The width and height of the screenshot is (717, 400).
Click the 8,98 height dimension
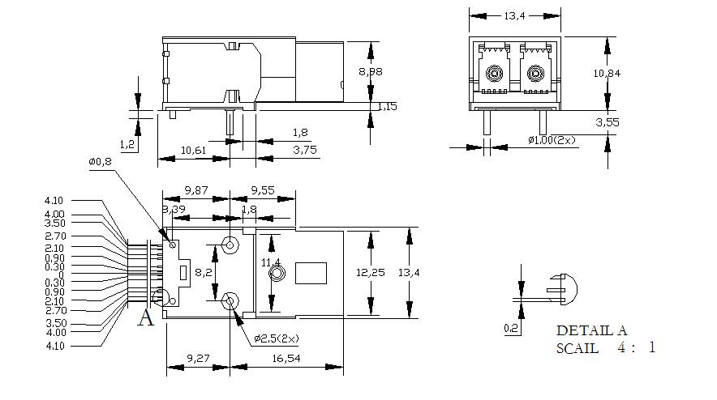(371, 71)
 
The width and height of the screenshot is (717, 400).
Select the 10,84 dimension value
(607, 73)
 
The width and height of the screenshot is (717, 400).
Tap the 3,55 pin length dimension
(607, 123)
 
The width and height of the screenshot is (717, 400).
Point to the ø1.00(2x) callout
(552, 140)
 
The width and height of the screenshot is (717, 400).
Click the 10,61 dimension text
(193, 150)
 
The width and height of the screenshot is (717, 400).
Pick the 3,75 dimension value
(304, 150)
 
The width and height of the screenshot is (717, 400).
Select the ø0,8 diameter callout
(100, 162)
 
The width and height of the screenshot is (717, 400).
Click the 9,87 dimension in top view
(196, 190)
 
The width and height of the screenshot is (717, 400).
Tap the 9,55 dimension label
(262, 190)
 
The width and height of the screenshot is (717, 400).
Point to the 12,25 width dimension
(371, 273)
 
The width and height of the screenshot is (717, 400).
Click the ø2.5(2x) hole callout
(276, 338)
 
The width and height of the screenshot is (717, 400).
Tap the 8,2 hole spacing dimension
(204, 273)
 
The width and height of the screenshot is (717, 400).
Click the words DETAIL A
(591, 330)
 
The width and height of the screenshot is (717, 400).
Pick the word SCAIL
(577, 348)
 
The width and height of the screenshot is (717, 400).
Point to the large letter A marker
(145, 317)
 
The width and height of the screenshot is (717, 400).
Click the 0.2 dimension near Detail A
(511, 328)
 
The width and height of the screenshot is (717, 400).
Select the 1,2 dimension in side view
(127, 145)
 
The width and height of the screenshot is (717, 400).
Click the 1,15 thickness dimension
(387, 106)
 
